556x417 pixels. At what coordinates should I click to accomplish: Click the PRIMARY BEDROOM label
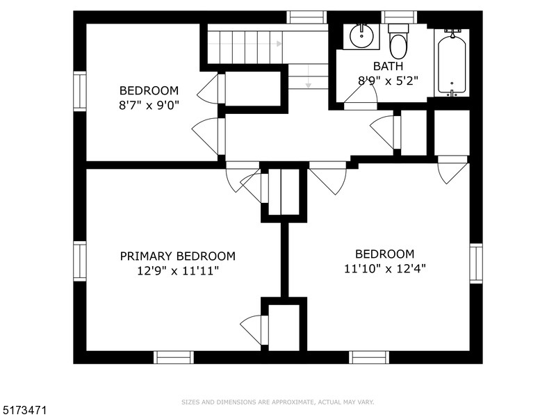[177, 256]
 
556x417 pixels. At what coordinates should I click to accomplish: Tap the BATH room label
[388, 66]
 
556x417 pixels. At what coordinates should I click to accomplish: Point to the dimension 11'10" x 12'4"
[384, 269]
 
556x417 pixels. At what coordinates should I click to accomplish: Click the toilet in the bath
[398, 42]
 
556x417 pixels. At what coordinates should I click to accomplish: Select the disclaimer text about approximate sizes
[278, 402]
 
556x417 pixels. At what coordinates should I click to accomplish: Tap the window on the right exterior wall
[475, 263]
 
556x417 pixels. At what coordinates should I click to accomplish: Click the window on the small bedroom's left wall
[80, 92]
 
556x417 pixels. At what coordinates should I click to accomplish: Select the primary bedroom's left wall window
[80, 261]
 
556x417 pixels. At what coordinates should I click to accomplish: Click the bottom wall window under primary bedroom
[174, 357]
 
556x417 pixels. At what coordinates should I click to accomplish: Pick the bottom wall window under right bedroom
[368, 357]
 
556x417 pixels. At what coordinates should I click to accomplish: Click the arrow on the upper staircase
[279, 44]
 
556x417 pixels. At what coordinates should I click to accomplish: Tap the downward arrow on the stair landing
[308, 82]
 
